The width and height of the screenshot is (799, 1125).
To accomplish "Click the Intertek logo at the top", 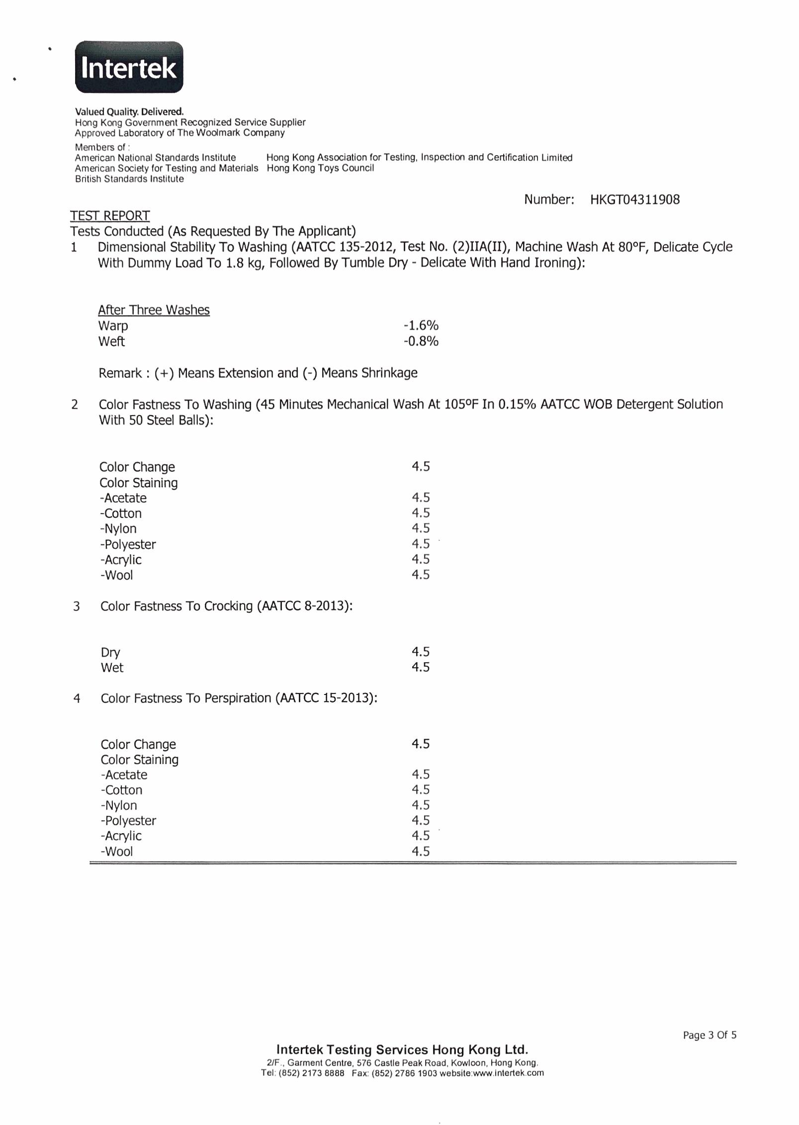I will tap(129, 67).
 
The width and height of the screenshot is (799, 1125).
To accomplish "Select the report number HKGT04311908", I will tap(634, 200).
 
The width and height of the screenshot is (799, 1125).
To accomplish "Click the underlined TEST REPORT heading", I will tap(110, 216).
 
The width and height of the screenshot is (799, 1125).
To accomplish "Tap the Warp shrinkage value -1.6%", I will tap(421, 326).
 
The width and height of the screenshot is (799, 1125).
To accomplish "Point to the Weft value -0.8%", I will tap(421, 342).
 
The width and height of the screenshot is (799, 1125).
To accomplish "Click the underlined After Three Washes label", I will tap(154, 310).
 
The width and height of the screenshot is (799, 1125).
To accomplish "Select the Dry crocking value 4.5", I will tap(420, 652).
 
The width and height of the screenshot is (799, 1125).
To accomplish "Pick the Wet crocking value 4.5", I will tap(420, 667).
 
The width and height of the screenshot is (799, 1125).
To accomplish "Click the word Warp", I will tap(113, 326).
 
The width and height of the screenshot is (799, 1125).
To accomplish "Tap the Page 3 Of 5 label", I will tap(710, 1035).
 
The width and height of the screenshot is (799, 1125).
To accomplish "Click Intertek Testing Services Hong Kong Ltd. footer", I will tap(402, 1050).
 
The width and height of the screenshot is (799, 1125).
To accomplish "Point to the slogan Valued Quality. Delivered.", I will tap(129, 112).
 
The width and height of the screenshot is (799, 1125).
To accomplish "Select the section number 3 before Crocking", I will tap(77, 606).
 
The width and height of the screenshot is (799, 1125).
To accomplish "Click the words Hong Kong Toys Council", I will tap(320, 168).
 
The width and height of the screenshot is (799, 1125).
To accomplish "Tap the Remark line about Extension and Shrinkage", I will tap(258, 373).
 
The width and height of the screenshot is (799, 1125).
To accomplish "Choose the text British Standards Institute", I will tap(129, 179).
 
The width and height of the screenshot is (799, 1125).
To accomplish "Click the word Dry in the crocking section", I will tap(110, 653).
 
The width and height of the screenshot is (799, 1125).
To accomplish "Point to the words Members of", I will tap(102, 147).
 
